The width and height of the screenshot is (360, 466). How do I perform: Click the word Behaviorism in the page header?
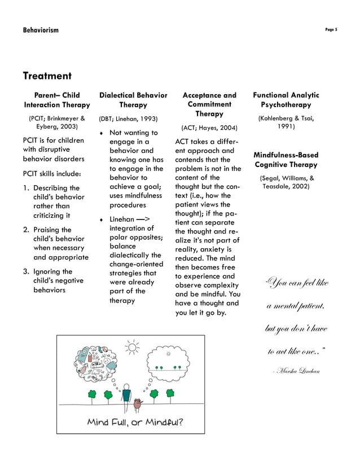coord(41,30)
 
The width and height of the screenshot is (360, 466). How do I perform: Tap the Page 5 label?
coord(331,29)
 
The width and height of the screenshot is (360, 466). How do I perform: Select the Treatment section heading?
coord(47,76)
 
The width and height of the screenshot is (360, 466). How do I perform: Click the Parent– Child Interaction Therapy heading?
coord(57,100)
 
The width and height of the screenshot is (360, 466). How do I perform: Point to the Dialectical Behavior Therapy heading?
coord(133,100)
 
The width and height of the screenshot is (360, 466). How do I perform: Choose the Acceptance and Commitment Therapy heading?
coord(209,104)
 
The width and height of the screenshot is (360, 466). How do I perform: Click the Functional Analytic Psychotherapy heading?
coord(286,100)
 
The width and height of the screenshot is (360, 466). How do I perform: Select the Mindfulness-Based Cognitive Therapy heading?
coord(286,160)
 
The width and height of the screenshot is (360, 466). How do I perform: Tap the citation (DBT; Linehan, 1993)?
coord(128,118)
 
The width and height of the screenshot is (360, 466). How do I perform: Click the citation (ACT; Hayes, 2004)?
coord(209,128)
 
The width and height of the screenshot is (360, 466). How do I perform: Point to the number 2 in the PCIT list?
coord(26,230)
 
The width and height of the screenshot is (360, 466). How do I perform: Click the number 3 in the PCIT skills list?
coord(26,272)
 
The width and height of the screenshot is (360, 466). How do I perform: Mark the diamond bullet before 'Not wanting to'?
coord(101,134)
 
